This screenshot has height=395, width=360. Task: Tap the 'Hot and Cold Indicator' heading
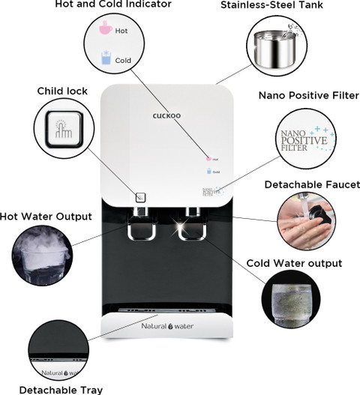pos(113,5)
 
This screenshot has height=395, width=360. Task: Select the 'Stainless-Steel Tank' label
pos(272,5)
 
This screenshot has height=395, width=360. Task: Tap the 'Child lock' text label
pos(62,91)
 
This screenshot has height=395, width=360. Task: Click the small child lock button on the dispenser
pos(140,198)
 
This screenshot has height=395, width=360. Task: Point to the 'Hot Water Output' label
pos(46,217)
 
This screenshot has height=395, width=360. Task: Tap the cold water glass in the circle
pos(295,301)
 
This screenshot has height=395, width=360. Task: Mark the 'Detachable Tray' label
pos(61,389)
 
